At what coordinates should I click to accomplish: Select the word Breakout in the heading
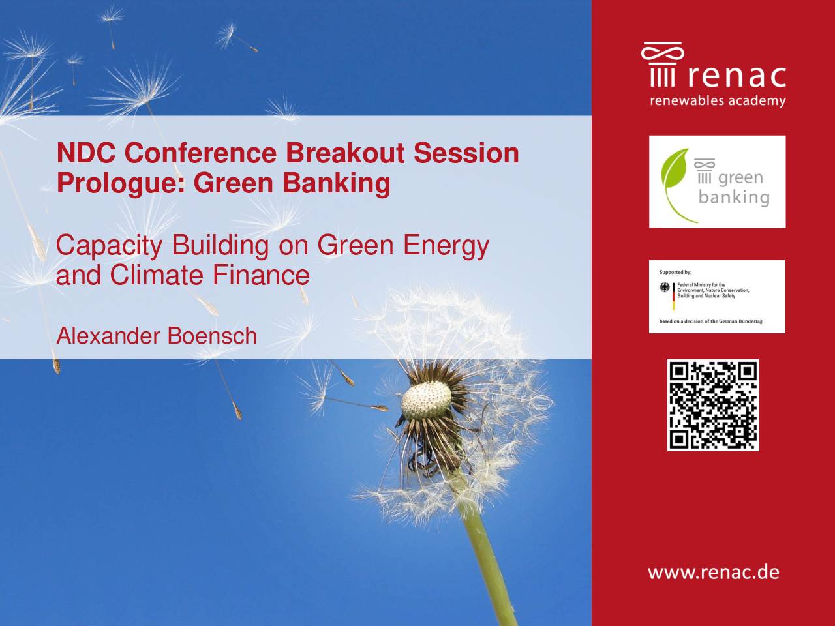click(345, 153)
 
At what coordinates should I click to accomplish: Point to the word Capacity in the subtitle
click(110, 246)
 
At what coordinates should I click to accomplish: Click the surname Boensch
click(212, 336)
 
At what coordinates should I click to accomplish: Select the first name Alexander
click(108, 336)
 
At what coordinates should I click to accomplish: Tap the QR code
click(713, 405)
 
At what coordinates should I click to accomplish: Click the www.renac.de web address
click(714, 573)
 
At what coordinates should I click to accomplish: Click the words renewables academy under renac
click(718, 101)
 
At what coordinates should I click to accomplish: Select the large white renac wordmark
click(737, 76)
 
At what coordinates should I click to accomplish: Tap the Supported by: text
click(675, 272)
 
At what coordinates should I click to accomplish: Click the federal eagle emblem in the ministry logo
click(665, 288)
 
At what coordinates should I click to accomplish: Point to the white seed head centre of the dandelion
click(426, 400)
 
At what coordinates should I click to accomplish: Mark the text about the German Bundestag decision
click(711, 321)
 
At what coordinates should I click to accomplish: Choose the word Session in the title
click(466, 153)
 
